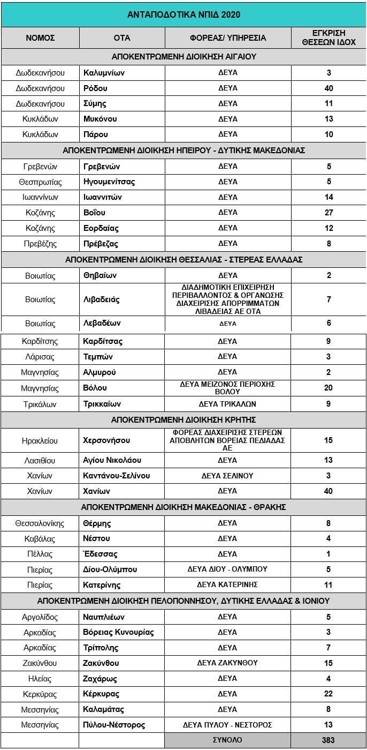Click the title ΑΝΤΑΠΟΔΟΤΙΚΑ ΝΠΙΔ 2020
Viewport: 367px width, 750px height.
coord(183,14)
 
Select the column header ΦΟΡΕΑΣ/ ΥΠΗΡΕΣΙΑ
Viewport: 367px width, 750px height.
coord(228,38)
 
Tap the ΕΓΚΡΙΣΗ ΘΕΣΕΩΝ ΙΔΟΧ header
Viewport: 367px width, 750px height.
coord(328,38)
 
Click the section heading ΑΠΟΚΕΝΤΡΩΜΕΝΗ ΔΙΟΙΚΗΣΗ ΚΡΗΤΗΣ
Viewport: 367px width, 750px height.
coord(183,419)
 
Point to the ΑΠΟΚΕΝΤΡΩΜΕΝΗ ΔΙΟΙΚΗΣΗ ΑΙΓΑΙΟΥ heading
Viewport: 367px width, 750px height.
coord(183,56)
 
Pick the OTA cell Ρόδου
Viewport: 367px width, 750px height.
coord(95,88)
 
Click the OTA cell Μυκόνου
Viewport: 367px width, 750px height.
coord(100,119)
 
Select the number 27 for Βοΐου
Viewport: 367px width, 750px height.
coord(329,213)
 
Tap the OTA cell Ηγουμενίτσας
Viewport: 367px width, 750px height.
coord(109,182)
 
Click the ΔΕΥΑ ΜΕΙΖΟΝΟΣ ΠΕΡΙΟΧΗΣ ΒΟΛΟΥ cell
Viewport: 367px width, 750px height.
coord(228,388)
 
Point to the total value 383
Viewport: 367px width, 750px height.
coord(328,740)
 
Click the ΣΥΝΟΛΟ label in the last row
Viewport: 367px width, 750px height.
coord(228,740)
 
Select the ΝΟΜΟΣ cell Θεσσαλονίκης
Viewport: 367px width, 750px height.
coord(40,523)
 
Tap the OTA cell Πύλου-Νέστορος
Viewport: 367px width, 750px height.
coord(114,725)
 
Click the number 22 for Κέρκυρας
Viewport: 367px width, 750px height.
coord(329,694)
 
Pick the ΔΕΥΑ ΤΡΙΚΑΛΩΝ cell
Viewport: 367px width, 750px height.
coord(228,404)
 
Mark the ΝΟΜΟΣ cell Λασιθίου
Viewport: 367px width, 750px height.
coord(40,460)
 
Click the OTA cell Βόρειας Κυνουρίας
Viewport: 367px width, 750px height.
coord(118,632)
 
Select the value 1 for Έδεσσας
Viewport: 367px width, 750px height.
coord(329,554)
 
